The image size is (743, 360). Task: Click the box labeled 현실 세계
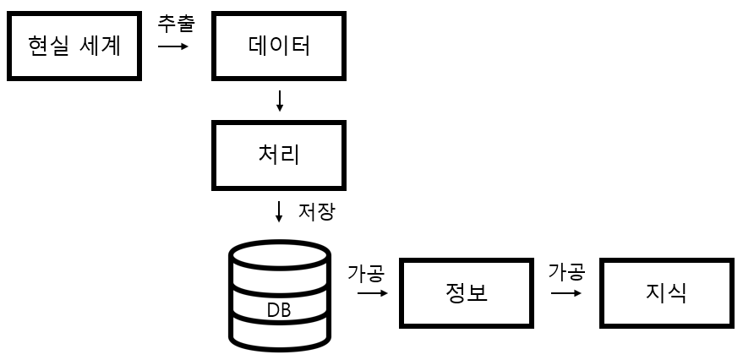75,45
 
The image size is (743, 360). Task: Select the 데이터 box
280,45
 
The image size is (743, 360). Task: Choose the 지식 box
666,293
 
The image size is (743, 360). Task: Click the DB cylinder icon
280,296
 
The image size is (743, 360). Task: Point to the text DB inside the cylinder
279,310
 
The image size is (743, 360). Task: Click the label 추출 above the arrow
176,23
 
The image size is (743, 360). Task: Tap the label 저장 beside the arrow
316,211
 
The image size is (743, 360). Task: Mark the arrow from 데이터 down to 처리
280,101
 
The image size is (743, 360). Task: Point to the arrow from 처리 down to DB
280,211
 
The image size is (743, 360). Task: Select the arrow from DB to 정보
372,293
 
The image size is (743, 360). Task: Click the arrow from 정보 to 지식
566,293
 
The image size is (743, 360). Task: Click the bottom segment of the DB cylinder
280,335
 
